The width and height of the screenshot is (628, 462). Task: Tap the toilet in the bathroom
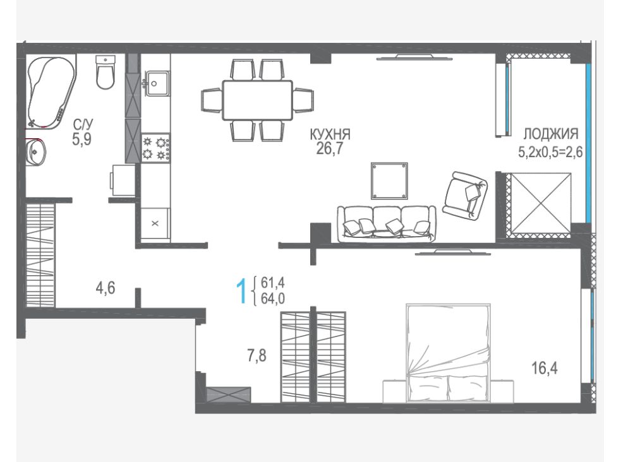point(106,72)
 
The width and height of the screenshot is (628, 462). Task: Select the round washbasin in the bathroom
point(35,152)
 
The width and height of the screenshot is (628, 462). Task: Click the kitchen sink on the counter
point(157,83)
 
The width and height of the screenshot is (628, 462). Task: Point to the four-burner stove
point(155,148)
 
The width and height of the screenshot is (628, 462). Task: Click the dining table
point(258,100)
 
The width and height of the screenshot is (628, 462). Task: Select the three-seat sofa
point(387,224)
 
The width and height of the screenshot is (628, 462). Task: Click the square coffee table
point(389,181)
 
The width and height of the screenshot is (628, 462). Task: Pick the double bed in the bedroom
point(448,353)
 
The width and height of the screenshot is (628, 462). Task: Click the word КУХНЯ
point(330,134)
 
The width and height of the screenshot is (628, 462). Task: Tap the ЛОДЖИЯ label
point(551,134)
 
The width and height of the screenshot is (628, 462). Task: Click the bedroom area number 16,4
point(545,368)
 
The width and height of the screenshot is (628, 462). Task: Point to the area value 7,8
point(257,355)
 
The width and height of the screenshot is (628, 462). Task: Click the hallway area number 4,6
point(106,288)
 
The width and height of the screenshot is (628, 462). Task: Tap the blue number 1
point(241,292)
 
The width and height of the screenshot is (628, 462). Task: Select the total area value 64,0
point(273,299)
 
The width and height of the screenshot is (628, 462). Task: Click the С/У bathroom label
point(83,124)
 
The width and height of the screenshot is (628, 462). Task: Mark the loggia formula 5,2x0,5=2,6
point(550,152)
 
